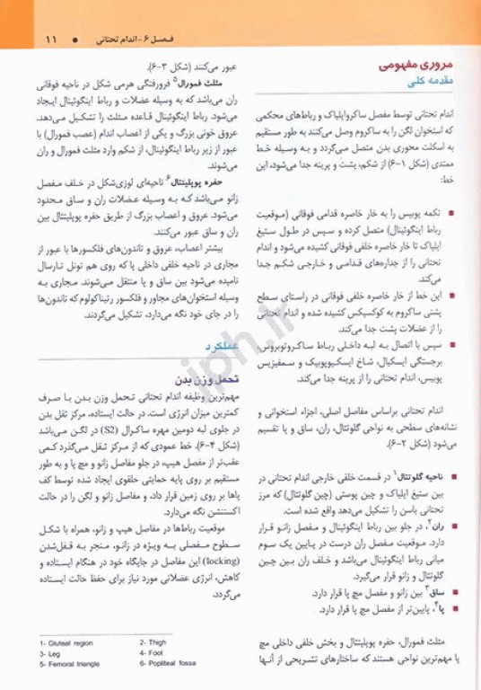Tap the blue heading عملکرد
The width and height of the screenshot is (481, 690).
pyautogui.click(x=220, y=345)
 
